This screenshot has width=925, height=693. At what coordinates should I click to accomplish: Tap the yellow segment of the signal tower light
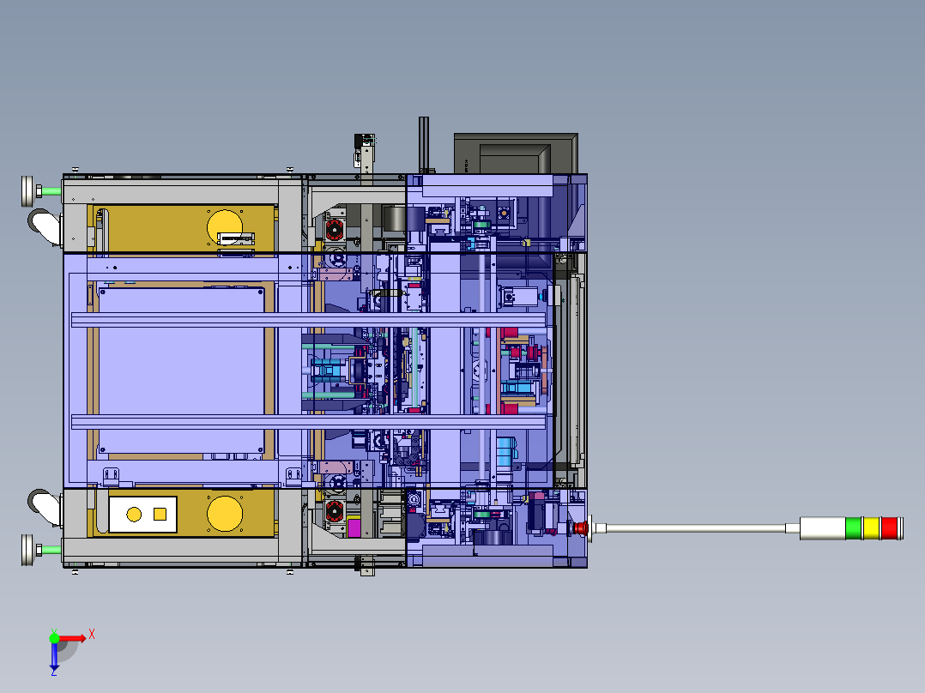871,527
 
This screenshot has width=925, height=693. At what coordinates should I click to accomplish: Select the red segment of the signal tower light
890,527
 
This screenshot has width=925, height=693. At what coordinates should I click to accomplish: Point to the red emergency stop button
580,527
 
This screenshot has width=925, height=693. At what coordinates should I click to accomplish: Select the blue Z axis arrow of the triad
54,658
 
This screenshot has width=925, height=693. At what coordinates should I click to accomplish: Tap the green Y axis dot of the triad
54,637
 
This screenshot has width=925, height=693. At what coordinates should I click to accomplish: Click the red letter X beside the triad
91,634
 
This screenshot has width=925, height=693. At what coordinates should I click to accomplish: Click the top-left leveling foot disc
28,190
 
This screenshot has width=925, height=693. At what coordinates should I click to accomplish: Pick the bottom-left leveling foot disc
28,550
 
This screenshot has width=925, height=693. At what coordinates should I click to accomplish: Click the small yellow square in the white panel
160,514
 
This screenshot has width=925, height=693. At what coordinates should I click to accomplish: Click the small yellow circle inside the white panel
134,514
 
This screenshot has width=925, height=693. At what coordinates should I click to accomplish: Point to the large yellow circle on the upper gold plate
225,226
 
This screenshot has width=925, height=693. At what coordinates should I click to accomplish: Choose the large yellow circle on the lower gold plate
225,513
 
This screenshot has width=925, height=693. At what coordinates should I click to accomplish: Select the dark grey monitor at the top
515,154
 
